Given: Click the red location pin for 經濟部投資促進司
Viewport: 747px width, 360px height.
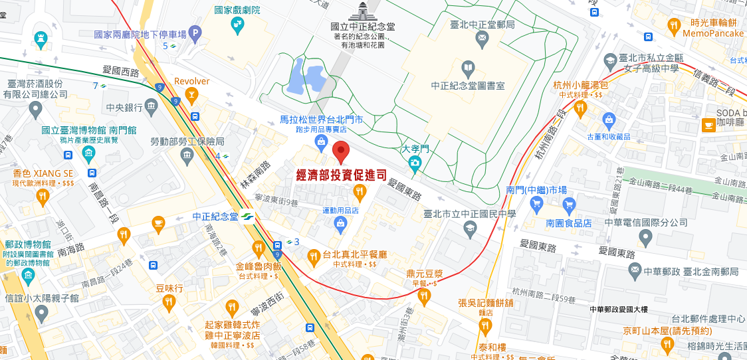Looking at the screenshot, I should point(341,151).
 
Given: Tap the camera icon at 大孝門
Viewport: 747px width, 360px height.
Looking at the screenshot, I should point(415,163).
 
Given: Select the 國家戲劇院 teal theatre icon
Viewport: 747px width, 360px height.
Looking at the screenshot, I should point(237,25).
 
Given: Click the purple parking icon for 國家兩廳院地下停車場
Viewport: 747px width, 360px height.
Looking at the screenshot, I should point(195,32).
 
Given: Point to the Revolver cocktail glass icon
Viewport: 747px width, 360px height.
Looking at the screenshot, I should point(191,97).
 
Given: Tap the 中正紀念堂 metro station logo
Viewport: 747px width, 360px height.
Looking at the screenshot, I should point(247,217).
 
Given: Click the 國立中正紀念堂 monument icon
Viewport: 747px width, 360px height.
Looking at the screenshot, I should point(363,12).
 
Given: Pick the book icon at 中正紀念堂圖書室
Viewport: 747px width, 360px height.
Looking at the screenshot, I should point(469,67).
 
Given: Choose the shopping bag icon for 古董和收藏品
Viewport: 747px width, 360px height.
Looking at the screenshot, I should point(608,120).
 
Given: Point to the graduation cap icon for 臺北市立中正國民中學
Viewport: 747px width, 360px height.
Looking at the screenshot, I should point(470,228).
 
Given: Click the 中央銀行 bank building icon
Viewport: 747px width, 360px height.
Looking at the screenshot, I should point(152,106).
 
